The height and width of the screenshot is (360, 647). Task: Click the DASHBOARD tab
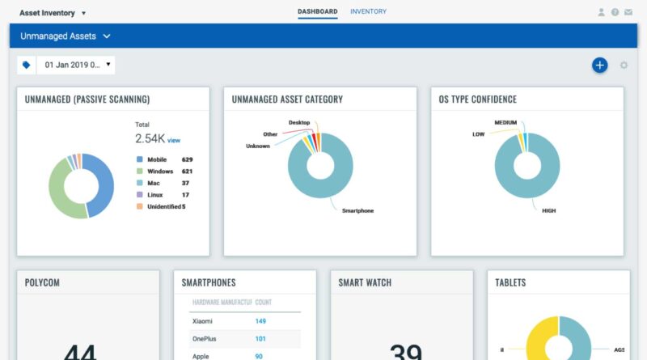pyautogui.click(x=317, y=12)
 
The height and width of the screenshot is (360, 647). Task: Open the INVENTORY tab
pyautogui.click(x=368, y=12)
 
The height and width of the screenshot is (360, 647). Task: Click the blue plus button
pyautogui.click(x=599, y=65)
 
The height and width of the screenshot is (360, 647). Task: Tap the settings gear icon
pyautogui.click(x=624, y=65)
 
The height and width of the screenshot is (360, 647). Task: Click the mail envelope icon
pyautogui.click(x=628, y=13)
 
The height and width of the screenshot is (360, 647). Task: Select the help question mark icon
pyautogui.click(x=615, y=13)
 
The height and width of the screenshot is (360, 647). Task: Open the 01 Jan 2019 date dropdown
pyautogui.click(x=78, y=65)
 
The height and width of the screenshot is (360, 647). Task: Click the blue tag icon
pyautogui.click(x=27, y=65)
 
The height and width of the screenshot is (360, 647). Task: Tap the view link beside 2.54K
pyautogui.click(x=174, y=141)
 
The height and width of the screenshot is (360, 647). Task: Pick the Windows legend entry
pyautogui.click(x=159, y=172)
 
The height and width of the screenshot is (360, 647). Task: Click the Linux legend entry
pyautogui.click(x=156, y=195)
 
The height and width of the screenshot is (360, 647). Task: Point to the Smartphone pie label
pyautogui.click(x=357, y=211)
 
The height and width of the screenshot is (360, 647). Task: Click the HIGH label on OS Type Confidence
pyautogui.click(x=550, y=210)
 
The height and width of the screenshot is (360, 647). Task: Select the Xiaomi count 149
pyautogui.click(x=260, y=321)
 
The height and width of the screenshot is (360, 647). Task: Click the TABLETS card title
pyautogui.click(x=510, y=282)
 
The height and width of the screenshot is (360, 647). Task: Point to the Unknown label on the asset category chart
pyautogui.click(x=258, y=146)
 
